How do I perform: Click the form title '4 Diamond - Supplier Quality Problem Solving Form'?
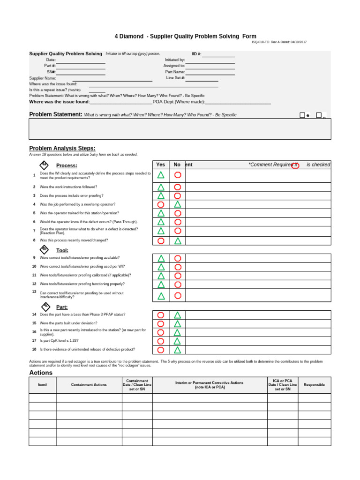(x=186, y=36)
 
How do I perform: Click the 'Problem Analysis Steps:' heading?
(x=62, y=148)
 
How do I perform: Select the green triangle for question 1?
(x=161, y=175)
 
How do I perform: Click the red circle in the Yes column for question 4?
(x=161, y=204)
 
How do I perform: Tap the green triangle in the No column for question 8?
(x=178, y=241)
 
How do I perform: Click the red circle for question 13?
(x=178, y=295)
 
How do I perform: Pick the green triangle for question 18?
(x=178, y=350)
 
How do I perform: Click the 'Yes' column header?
(x=161, y=165)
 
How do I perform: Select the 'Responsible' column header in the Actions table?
(x=314, y=385)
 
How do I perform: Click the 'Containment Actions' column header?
(x=89, y=385)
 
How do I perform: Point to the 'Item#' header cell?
(x=43, y=385)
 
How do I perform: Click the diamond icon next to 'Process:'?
(x=44, y=165)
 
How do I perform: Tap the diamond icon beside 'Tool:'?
(x=45, y=249)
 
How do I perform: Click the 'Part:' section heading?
(x=62, y=307)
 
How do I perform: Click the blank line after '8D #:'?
(x=218, y=54)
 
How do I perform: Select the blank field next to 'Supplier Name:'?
(x=112, y=78)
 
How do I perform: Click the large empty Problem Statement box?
(x=180, y=129)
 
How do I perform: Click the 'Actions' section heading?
(x=41, y=373)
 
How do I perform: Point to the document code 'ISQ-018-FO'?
(x=261, y=42)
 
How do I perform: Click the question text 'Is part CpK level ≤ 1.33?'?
(x=59, y=341)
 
